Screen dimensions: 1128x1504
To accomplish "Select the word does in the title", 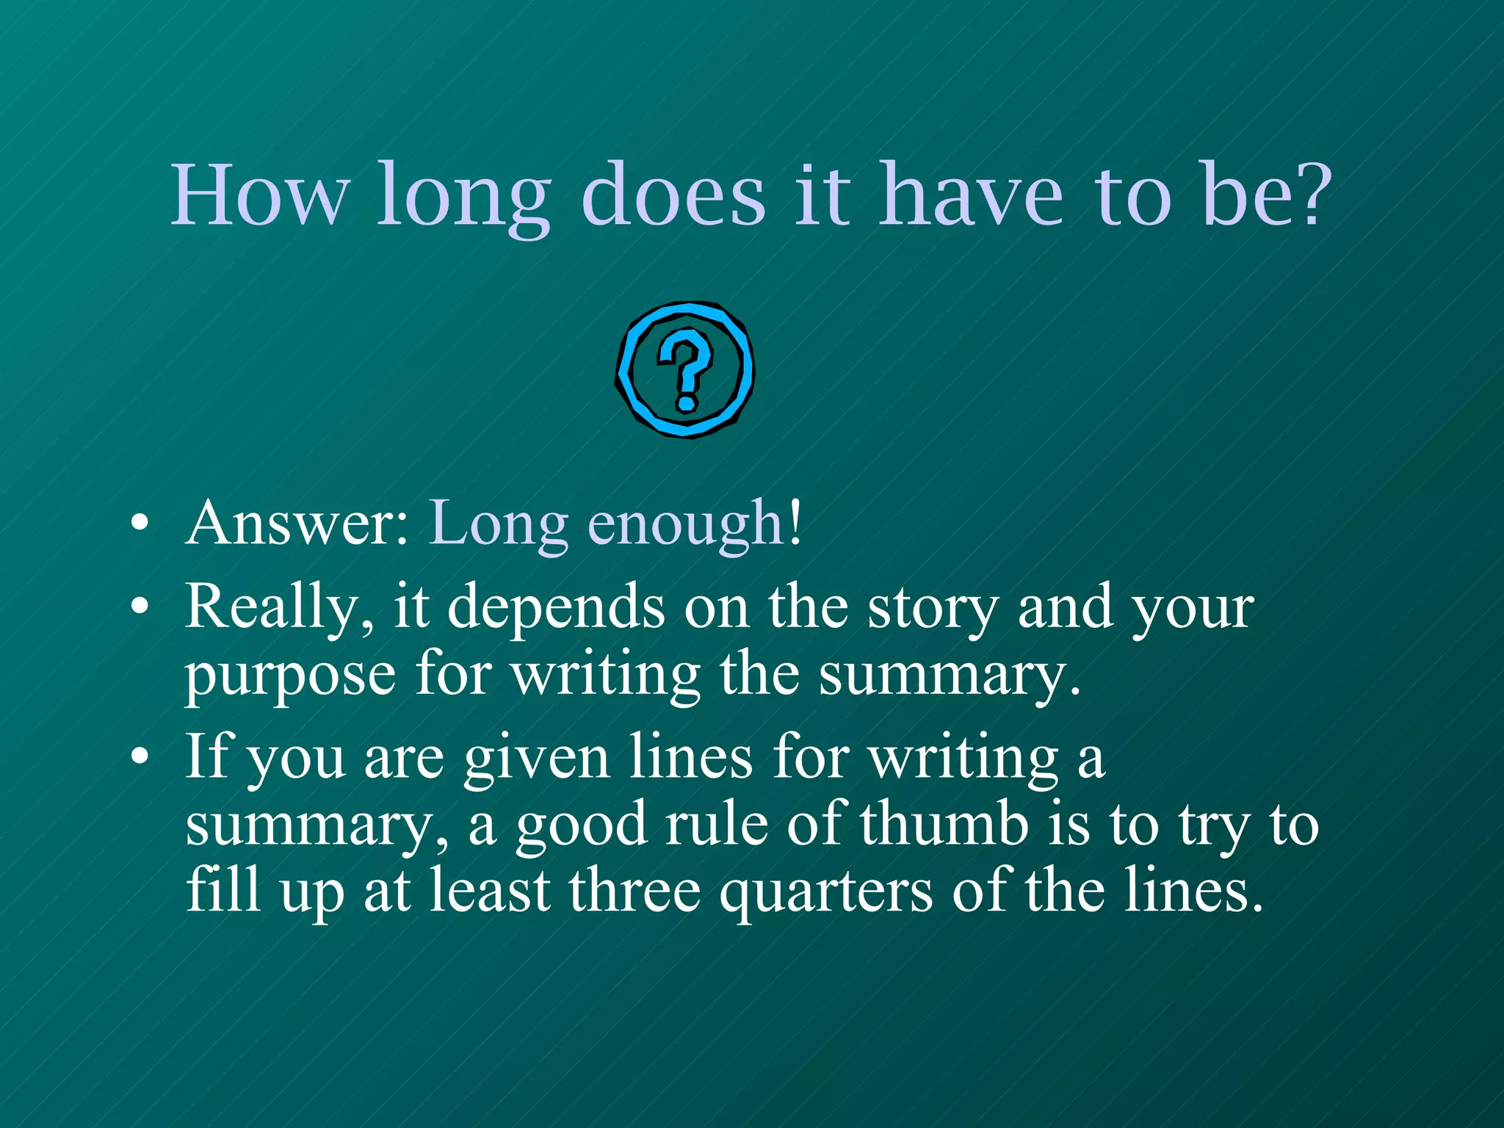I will point(673,195).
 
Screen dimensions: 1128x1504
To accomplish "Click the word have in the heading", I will point(972,195).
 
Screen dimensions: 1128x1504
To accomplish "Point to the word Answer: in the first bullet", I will point(297,524).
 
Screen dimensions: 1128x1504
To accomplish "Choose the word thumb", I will point(944,825).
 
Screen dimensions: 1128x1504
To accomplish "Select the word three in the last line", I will point(634,891).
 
